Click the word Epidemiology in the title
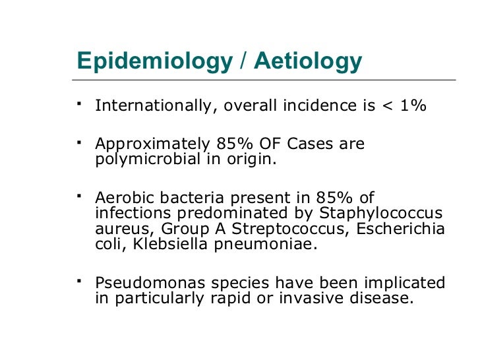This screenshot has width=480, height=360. [154, 61]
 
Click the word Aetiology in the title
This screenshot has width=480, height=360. [308, 61]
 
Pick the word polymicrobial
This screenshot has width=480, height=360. [145, 159]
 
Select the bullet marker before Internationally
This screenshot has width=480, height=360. [79, 104]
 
